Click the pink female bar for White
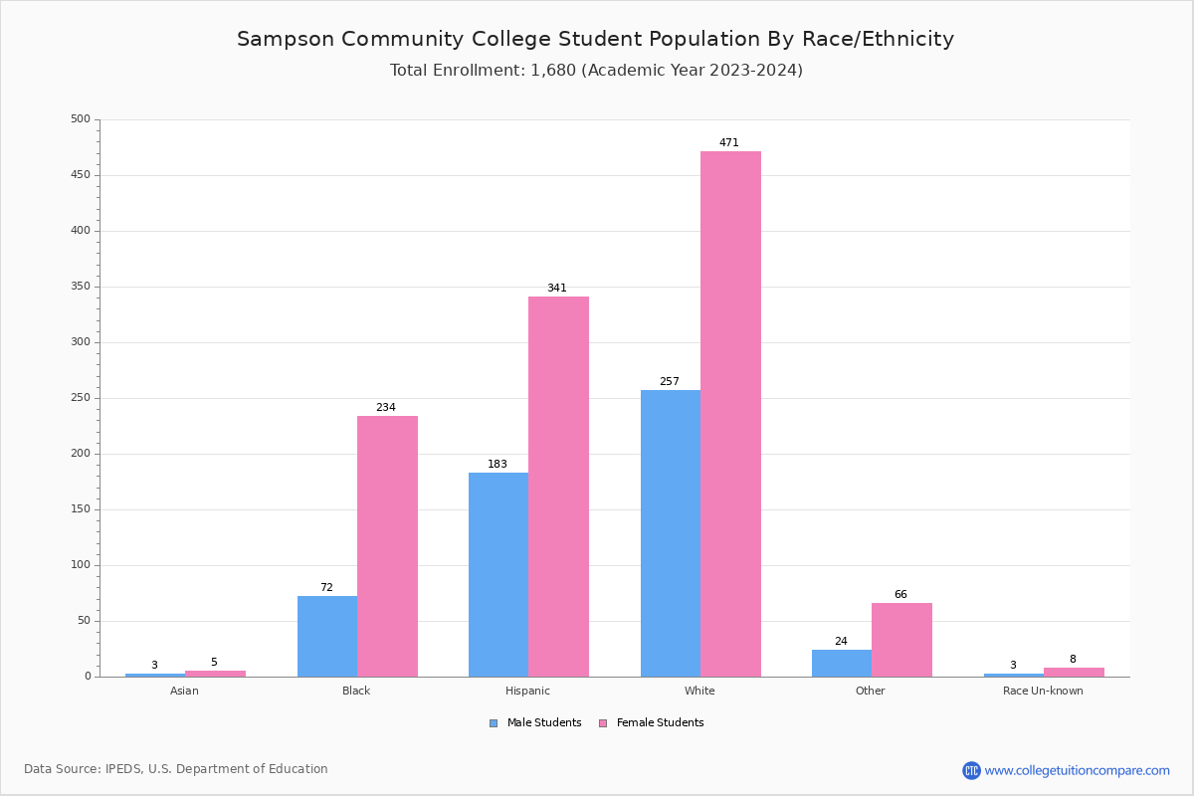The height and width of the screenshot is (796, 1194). tap(730, 414)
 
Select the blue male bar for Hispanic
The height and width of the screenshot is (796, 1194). tap(498, 574)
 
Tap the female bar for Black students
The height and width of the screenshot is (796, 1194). tap(387, 546)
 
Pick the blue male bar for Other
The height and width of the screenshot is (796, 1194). tap(842, 663)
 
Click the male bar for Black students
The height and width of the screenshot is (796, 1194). tap(327, 636)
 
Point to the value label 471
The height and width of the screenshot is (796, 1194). tap(729, 143)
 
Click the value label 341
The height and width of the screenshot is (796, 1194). tap(557, 289)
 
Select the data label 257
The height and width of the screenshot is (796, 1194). tap(670, 382)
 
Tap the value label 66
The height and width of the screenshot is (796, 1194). tap(900, 595)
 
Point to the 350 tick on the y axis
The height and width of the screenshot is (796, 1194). tap(81, 287)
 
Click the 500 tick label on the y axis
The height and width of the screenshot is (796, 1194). tap(81, 119)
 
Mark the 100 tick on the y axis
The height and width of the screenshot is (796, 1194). tap(81, 565)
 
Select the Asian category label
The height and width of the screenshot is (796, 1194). tap(185, 691)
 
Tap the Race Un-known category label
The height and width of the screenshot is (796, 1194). tap(1043, 691)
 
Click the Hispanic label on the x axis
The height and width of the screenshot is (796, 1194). tap(527, 691)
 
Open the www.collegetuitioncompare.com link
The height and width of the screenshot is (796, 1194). tap(1077, 770)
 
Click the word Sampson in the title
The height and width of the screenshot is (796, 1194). tap(285, 40)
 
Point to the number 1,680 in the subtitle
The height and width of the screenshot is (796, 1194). tap(552, 71)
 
